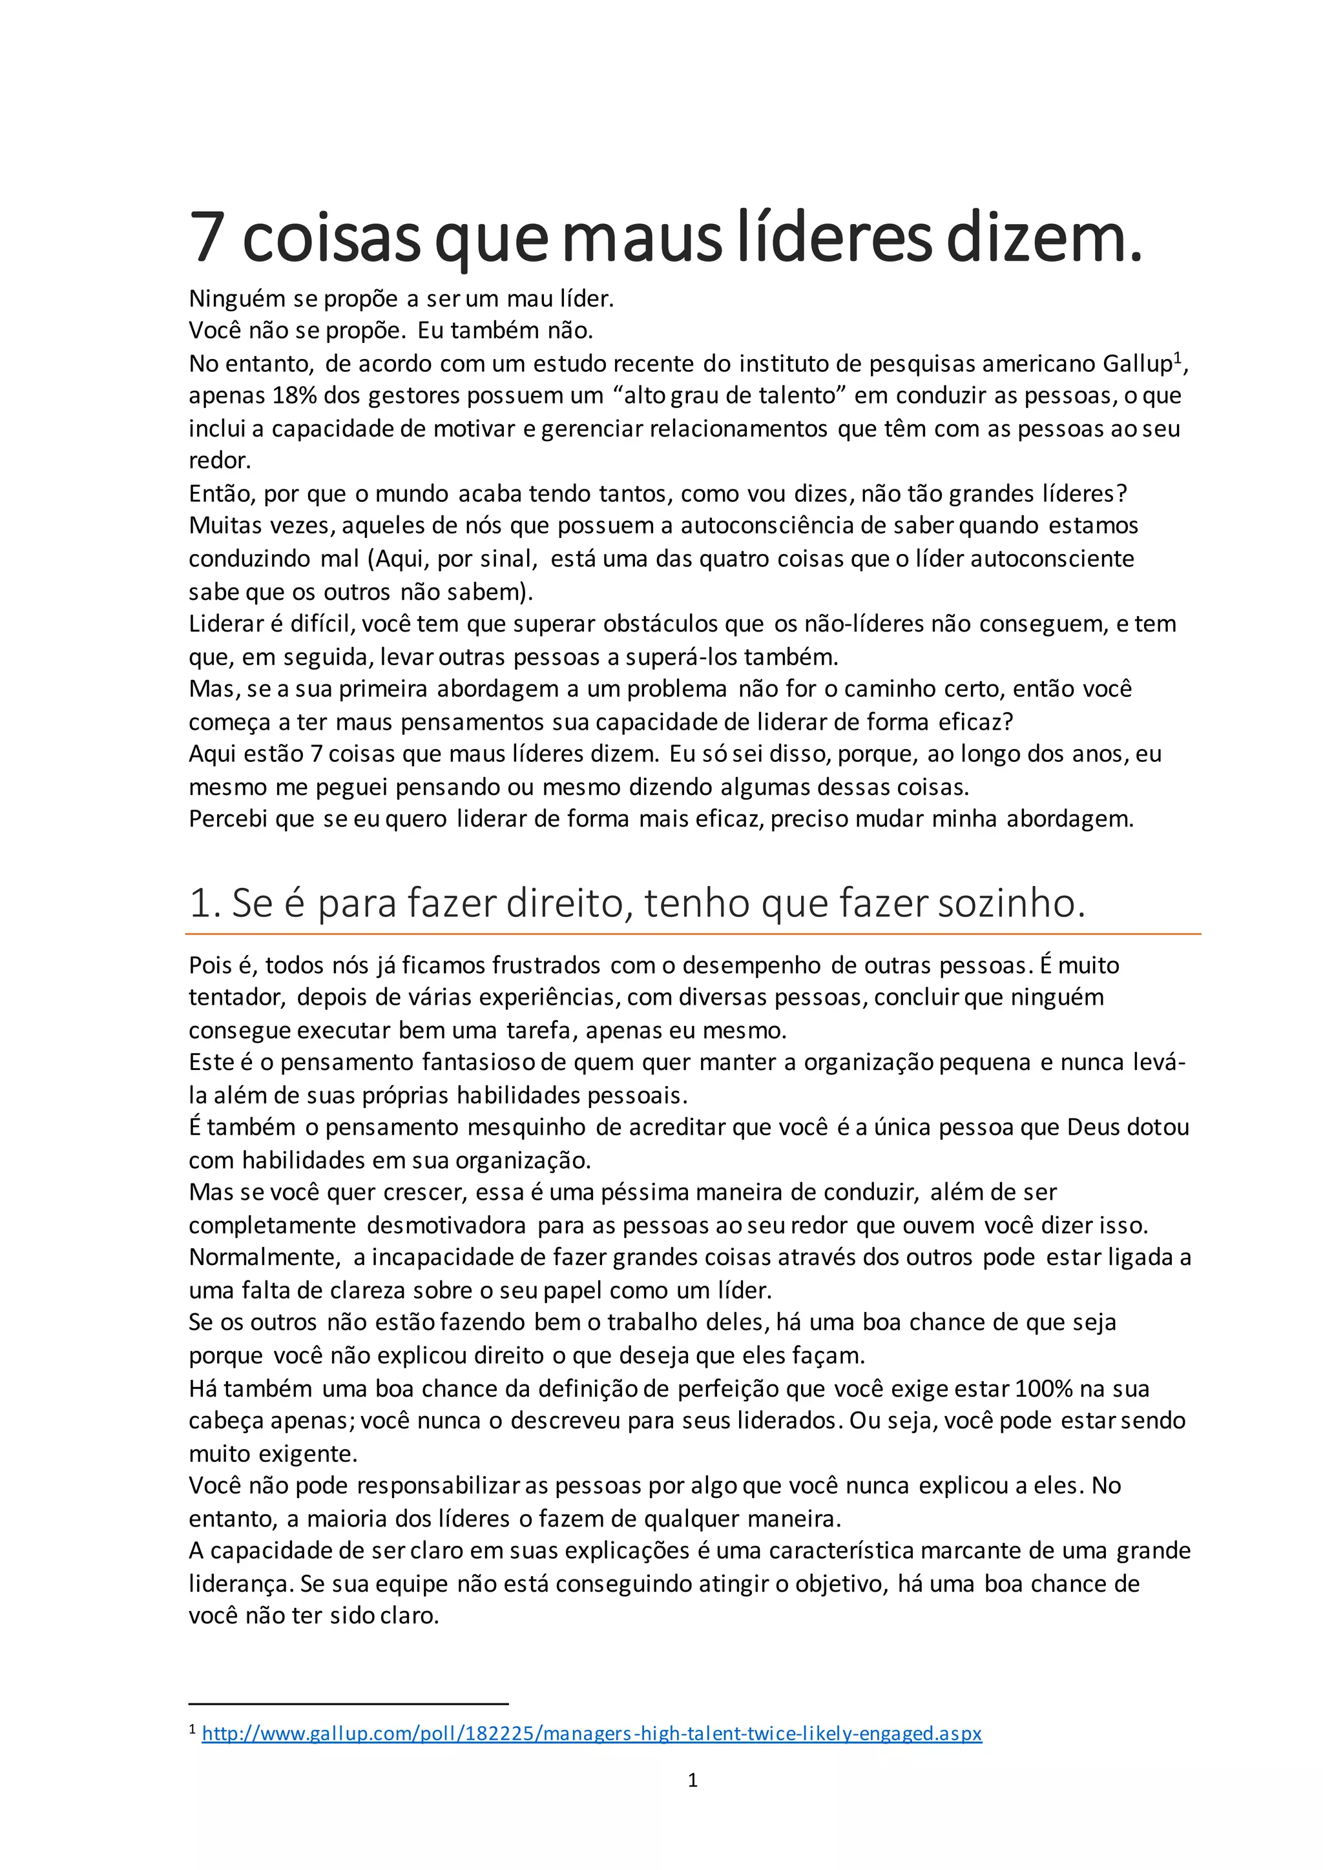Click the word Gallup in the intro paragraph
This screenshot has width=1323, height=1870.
click(x=1137, y=364)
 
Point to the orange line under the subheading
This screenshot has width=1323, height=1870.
click(x=693, y=934)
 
